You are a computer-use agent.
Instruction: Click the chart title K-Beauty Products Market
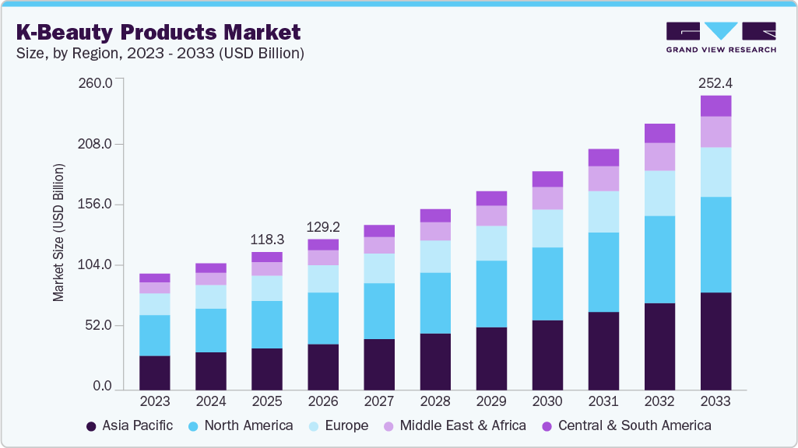tap(158, 32)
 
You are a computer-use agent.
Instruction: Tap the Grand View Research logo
tap(720, 37)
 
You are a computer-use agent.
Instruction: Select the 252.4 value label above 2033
tap(715, 83)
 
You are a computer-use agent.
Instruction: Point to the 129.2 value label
tap(323, 227)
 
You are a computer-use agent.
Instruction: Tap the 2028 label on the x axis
tap(435, 401)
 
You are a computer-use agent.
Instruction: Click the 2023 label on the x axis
tap(155, 401)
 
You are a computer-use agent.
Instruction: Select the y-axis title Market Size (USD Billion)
tap(58, 233)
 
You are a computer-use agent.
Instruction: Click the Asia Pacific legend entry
tap(129, 425)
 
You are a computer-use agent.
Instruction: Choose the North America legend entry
tap(241, 425)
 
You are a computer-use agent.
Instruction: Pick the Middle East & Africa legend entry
tap(454, 425)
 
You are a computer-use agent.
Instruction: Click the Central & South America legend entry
tap(626, 425)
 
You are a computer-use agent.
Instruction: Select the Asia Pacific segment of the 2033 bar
tap(715, 341)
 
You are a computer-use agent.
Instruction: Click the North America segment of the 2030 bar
tap(547, 284)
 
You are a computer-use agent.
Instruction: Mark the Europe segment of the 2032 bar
tap(659, 193)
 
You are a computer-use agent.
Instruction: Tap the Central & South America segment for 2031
tap(603, 157)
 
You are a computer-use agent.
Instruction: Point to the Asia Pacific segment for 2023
tap(155, 373)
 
